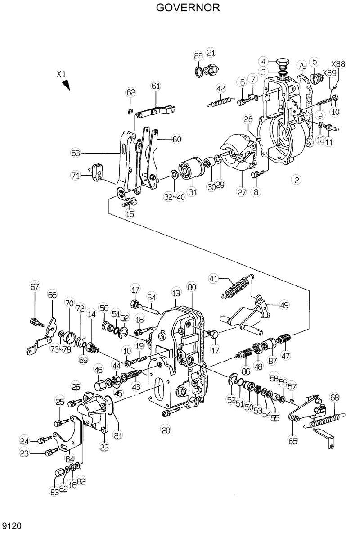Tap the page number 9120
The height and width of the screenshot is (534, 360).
tap(12, 526)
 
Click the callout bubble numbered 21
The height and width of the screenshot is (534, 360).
tap(211, 53)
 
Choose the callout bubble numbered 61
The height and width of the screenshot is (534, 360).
tap(156, 86)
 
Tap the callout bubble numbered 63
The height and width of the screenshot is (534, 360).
tap(76, 153)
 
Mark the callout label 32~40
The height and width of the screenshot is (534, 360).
tap(174, 197)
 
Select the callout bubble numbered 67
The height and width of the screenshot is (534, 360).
tap(35, 287)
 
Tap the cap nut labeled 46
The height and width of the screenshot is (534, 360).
tap(100, 385)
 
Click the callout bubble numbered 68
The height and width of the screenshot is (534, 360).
tap(334, 397)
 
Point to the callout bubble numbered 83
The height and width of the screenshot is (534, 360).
tap(54, 493)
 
